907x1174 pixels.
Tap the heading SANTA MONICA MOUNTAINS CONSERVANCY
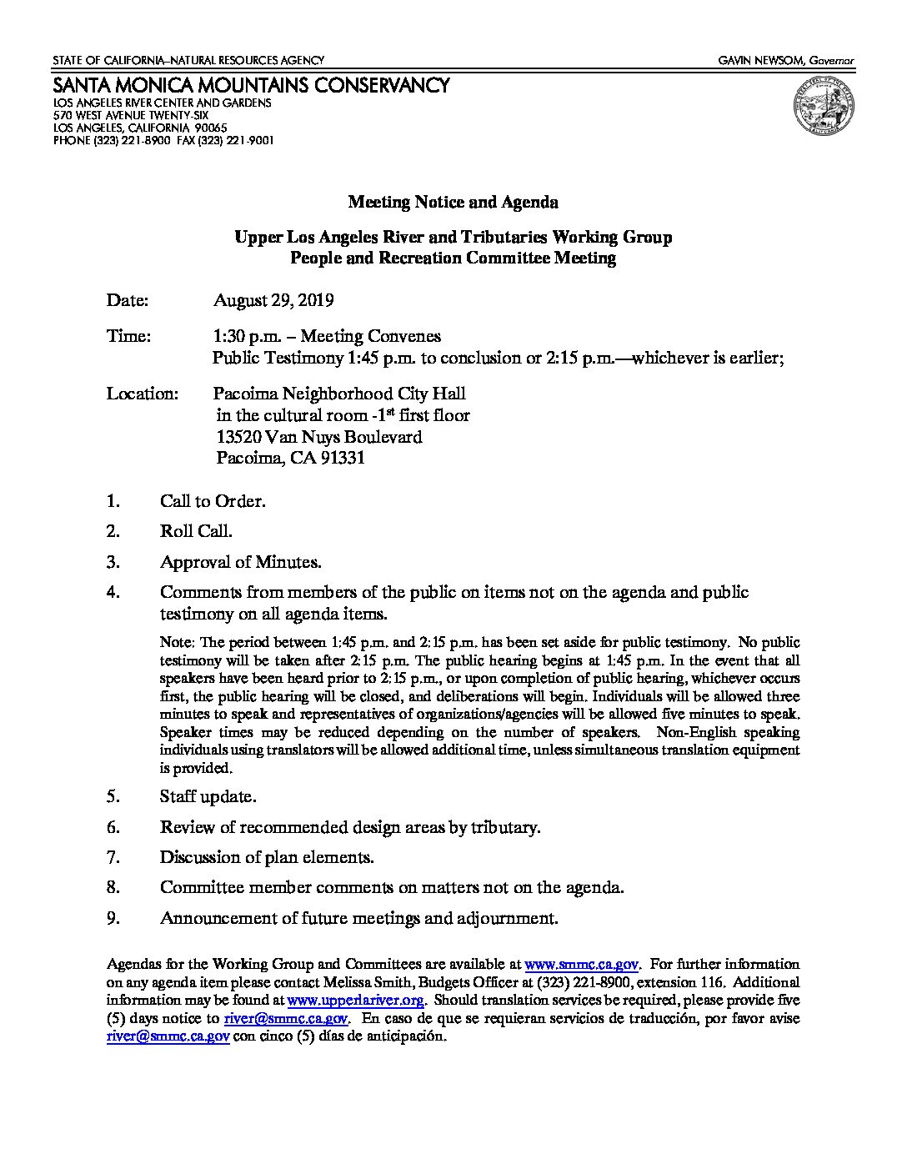click(x=252, y=85)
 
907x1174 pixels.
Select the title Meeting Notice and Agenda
click(x=453, y=203)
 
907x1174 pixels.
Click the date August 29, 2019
click(x=273, y=300)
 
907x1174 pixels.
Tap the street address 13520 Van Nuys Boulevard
click(x=319, y=437)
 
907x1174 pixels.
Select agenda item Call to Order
click(x=213, y=502)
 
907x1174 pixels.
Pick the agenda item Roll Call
click(x=196, y=531)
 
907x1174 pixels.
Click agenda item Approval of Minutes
click(x=240, y=562)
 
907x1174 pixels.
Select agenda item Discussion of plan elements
click(x=267, y=857)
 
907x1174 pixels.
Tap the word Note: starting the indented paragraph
click(x=177, y=643)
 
